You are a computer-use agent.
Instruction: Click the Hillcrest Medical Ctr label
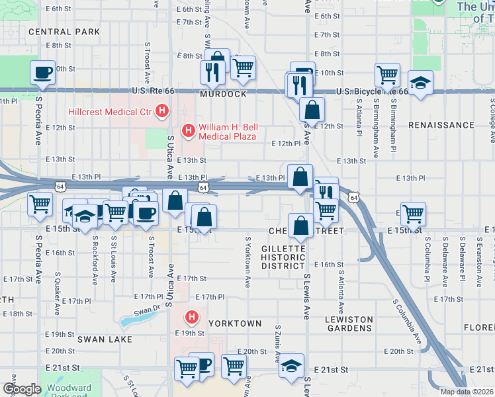click(109, 112)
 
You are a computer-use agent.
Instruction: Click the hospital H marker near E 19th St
click(192, 318)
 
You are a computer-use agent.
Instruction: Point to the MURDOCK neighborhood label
click(224, 95)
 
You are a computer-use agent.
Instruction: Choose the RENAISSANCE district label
click(441, 124)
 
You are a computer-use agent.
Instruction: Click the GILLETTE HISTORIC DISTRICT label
click(283, 257)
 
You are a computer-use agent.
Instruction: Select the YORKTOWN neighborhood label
click(235, 324)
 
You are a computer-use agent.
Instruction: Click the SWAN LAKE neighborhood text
click(105, 339)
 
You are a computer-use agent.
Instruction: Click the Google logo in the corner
click(21, 388)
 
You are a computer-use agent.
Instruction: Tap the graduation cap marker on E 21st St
click(291, 365)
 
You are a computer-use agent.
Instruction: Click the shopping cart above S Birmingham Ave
click(387, 74)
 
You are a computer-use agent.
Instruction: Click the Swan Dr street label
click(147, 311)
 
